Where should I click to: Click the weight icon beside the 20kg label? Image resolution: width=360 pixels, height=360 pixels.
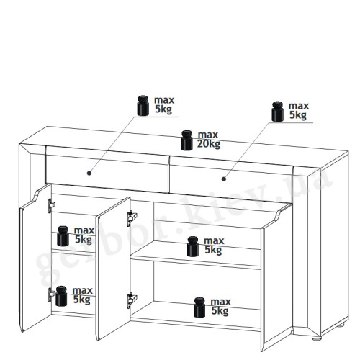pos(186,140)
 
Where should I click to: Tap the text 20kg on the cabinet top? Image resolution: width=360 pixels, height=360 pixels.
pos(209,144)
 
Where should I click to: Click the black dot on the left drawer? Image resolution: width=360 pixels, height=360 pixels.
pos(89,173)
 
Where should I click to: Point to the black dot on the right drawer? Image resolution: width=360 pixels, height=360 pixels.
pos(224,179)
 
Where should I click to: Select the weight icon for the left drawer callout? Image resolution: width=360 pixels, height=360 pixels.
pos(143,106)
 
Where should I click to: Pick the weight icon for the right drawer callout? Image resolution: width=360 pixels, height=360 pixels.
pos(278,112)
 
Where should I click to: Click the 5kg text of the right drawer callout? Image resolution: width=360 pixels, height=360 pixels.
pos(298,115)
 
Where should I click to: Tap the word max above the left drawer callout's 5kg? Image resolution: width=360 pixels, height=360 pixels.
pos(164,100)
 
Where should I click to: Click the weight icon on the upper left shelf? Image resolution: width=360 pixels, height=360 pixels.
pos(63,236)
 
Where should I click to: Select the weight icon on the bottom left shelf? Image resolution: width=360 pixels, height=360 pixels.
pos(61,296)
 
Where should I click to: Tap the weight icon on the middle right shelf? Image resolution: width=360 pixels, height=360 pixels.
pos(193,246)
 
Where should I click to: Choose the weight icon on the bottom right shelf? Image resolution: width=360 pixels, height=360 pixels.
pos(199,307)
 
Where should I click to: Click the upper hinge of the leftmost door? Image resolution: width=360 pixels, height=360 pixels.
pos(51,205)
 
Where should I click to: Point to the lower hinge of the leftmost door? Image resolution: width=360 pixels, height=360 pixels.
pos(51,294)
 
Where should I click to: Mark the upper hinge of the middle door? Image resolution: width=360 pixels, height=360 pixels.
pos(131,218)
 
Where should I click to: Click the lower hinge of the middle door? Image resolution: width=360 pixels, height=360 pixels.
pos(131,300)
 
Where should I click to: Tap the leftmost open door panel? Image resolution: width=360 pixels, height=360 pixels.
pos(35,259)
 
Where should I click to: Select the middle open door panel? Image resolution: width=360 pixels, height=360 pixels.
pos(113,269)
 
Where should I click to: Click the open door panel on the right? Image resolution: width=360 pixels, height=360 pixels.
pos(277,276)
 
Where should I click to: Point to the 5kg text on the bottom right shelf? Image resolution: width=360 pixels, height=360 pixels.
pos(220,311)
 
